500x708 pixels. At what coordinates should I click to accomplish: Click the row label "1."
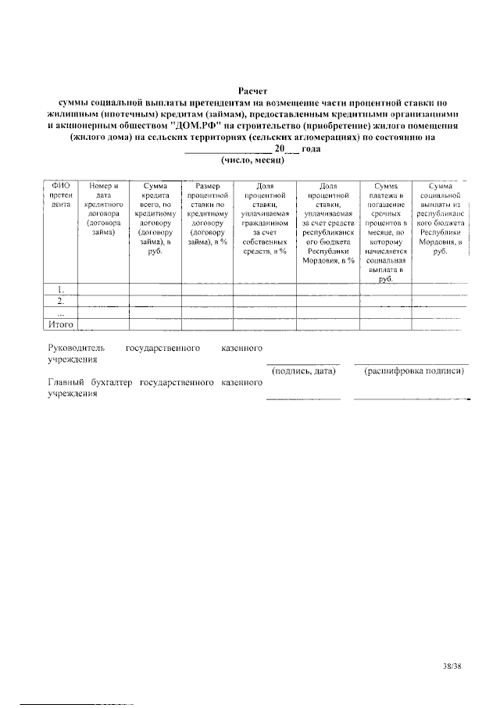[x=60, y=288]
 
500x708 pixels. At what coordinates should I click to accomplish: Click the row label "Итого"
[x=61, y=323]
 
